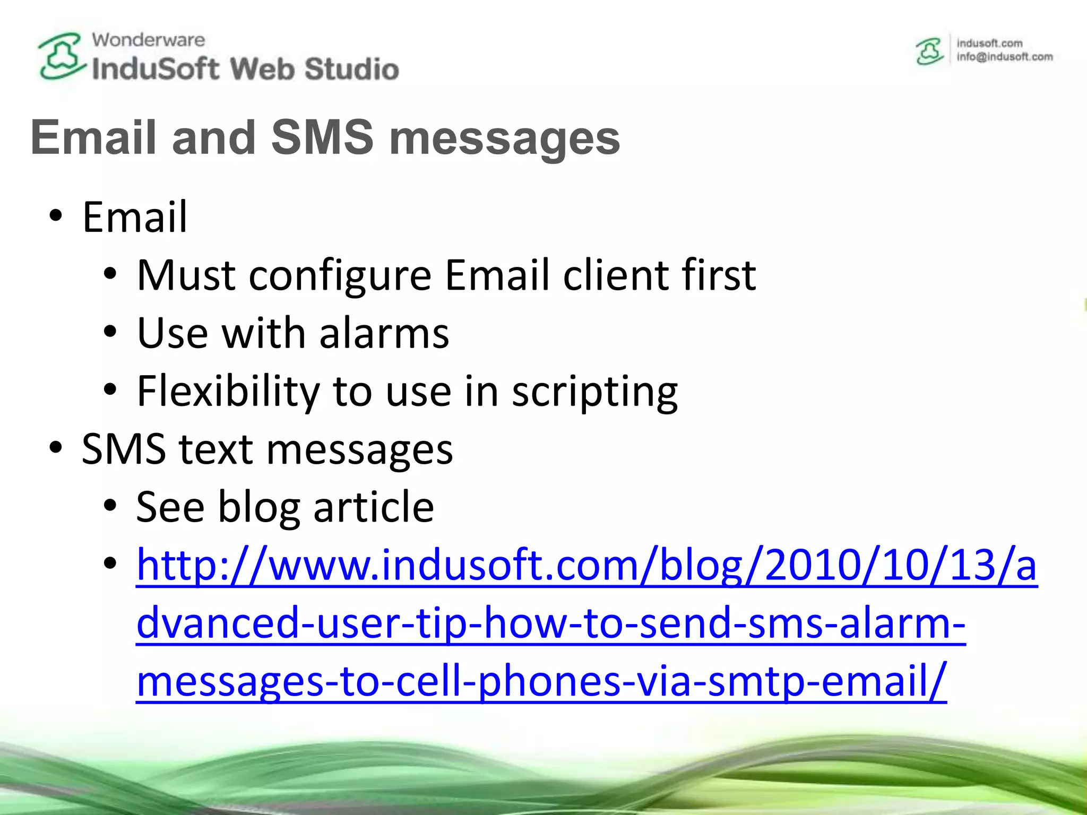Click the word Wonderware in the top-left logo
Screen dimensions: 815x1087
pos(148,40)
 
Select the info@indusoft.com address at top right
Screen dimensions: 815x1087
pos(1004,57)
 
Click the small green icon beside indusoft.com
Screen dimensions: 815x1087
pos(929,51)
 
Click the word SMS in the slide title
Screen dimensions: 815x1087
pos(323,137)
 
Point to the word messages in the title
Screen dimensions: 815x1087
pos(504,139)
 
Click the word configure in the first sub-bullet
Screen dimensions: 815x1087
pos(340,276)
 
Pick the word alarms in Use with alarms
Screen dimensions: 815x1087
pos(384,333)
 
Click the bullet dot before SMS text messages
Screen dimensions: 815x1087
pos(55,448)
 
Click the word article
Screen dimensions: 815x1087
pos(374,507)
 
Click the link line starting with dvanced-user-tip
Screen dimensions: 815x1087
pos(550,623)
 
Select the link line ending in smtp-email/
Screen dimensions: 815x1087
pos(541,681)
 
